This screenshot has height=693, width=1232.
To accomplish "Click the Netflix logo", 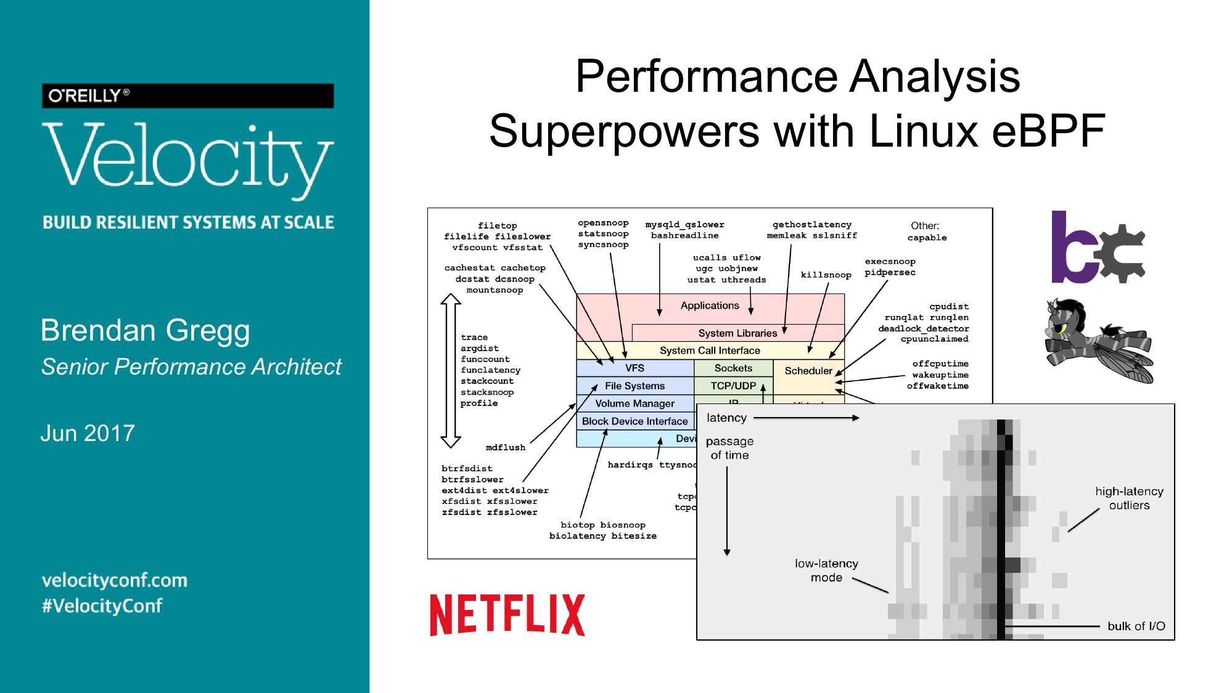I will [507, 615].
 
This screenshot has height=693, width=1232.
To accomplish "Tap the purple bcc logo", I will [1097, 248].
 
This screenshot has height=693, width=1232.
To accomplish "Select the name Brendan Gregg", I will [145, 330].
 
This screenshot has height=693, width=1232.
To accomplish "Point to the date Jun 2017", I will [88, 433].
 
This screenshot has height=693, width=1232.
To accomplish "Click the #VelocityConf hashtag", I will [102, 606].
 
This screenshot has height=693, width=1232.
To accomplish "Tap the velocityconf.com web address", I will [115, 580].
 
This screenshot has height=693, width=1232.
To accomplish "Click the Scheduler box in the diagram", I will [808, 371].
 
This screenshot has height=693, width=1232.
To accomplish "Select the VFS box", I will [634, 368].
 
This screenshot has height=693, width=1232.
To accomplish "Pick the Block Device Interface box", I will [634, 421].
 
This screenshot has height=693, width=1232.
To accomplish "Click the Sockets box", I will [733, 368].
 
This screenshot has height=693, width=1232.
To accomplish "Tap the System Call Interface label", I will [710, 351].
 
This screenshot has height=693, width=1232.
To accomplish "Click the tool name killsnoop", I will [826, 275].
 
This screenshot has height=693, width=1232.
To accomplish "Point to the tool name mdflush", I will [505, 448].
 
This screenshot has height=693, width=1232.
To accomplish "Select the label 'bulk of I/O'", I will [1136, 626].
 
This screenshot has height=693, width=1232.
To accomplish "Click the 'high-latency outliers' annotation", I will [1129, 498].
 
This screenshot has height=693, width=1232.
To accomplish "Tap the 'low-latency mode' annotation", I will [826, 570].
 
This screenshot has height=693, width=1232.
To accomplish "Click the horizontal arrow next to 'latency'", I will [806, 418].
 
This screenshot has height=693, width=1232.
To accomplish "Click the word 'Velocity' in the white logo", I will [188, 157].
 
